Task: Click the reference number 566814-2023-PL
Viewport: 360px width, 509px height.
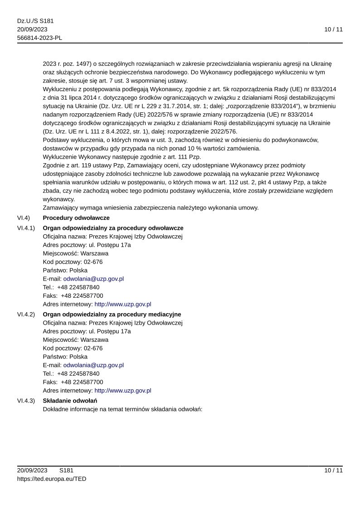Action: click(39, 38)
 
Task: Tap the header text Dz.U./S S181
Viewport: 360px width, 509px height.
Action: click(35, 21)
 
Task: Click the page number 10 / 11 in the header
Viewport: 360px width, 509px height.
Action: click(333, 29)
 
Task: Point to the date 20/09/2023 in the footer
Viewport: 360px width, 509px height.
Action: click(32, 470)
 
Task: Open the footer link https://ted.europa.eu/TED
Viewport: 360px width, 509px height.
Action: click(52, 479)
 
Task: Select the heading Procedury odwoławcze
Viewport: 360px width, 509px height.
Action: click(76, 218)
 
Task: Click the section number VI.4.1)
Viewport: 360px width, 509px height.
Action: click(26, 228)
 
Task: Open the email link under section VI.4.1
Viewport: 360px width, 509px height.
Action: click(93, 279)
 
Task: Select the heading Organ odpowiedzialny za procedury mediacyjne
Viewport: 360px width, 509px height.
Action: click(112, 314)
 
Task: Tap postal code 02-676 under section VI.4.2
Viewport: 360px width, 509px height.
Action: click(93, 348)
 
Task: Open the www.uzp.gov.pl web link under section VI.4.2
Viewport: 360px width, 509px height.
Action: click(122, 390)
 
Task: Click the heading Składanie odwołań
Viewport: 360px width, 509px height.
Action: click(70, 401)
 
